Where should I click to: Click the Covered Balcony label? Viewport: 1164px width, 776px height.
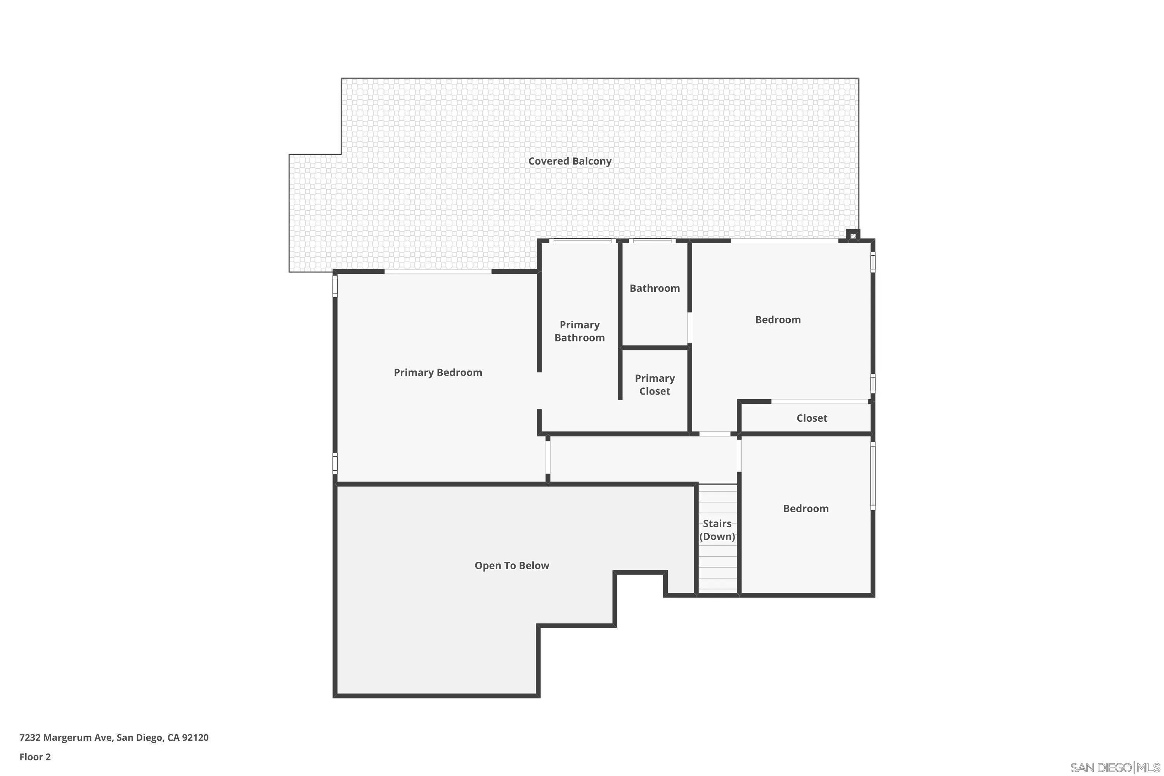tap(570, 161)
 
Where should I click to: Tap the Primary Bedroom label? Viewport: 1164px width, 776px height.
tap(438, 372)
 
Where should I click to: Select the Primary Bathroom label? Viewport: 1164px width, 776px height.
tap(580, 331)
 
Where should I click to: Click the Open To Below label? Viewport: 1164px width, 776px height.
tap(512, 565)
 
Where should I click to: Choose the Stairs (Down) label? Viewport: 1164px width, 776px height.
tap(717, 530)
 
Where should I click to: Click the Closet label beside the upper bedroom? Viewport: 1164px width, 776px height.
tap(812, 418)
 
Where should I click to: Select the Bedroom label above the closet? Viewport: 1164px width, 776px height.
tap(778, 320)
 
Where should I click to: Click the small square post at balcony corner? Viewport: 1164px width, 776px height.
tap(852, 236)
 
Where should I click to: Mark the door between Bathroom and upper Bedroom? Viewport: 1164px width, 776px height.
tap(689, 327)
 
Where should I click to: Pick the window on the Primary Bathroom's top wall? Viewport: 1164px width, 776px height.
tap(582, 241)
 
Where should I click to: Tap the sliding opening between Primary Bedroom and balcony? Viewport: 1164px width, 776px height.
tap(438, 272)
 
